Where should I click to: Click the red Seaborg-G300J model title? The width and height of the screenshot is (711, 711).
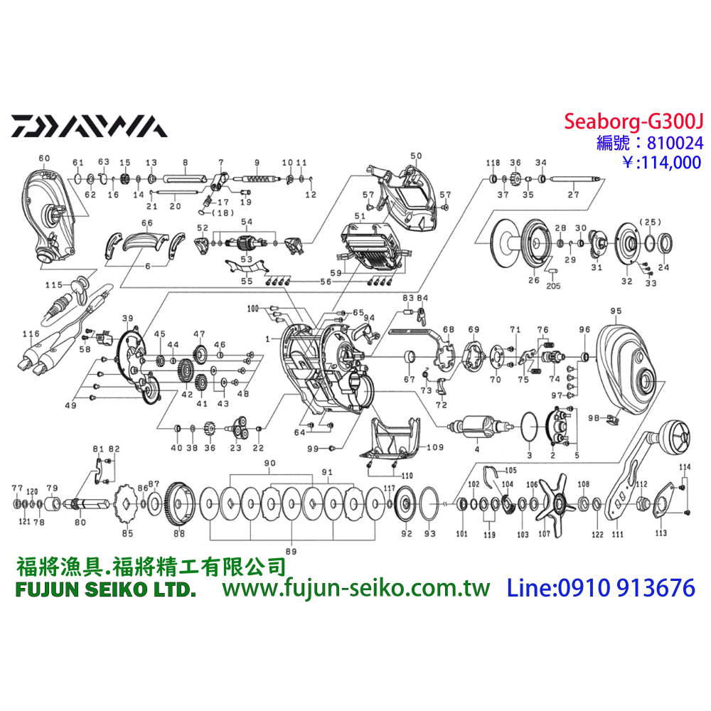[x=633, y=122]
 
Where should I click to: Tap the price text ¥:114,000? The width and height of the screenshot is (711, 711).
[x=652, y=162]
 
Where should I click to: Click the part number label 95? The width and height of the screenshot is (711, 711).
[x=615, y=311]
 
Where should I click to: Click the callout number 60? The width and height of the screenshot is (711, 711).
[x=44, y=157]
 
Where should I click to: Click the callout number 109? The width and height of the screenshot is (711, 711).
[x=434, y=448]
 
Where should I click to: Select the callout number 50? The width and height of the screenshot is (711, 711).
[x=416, y=156]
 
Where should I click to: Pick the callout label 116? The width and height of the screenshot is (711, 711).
[x=31, y=333]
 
